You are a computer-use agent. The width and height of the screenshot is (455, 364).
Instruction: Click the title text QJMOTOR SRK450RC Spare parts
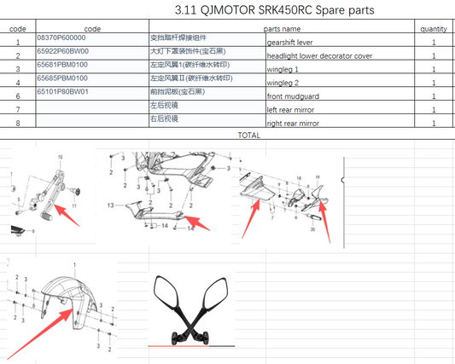[x=274, y=10]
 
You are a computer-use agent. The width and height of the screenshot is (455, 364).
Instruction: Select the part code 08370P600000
[x=62, y=38]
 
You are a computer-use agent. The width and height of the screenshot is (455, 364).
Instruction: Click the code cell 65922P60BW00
[x=62, y=51]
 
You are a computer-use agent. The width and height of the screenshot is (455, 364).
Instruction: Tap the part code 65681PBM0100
[x=62, y=64]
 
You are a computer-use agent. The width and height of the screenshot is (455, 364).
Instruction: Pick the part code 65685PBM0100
[x=62, y=78]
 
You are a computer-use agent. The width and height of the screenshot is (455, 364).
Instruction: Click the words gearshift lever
[x=295, y=43]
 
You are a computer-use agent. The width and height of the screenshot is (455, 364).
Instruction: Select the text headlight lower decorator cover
[x=320, y=56]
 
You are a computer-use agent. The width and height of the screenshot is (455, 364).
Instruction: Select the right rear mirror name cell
[x=298, y=124]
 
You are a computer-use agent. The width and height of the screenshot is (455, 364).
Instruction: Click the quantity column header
[x=434, y=28]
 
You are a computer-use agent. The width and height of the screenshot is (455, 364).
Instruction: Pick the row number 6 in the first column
[x=18, y=97]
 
